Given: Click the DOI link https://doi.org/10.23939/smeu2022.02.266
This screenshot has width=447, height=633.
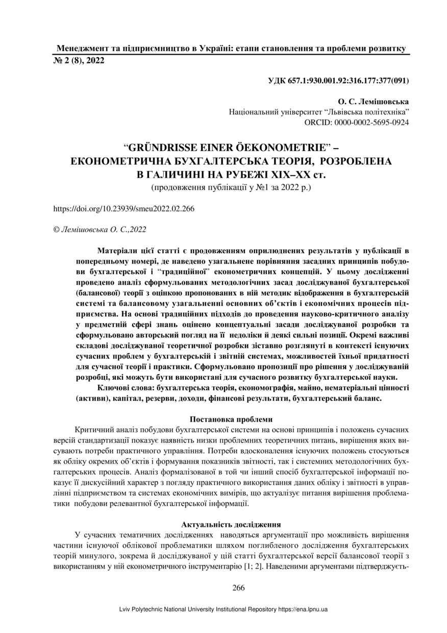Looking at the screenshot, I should pos(124,209).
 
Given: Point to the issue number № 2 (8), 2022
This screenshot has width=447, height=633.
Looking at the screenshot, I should pos(79,61).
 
